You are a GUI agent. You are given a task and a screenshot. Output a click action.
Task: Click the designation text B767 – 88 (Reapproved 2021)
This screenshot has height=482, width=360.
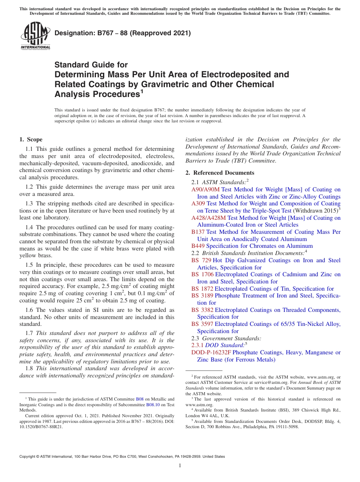[x=122, y=33]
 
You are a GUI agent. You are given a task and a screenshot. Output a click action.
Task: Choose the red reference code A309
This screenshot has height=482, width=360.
[x=198, y=203]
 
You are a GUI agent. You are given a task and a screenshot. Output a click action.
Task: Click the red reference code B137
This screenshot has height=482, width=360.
[x=198, y=232]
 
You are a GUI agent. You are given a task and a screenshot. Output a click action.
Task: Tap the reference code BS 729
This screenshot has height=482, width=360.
[x=201, y=260]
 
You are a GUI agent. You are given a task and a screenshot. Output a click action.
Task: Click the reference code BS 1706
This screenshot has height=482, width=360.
[x=202, y=274]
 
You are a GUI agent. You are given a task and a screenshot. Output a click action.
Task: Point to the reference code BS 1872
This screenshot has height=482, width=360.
[x=202, y=289]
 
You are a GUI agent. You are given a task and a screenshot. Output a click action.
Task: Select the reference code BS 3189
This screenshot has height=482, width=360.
[x=202, y=296]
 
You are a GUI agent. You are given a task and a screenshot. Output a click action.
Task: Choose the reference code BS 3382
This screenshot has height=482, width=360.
[x=202, y=310]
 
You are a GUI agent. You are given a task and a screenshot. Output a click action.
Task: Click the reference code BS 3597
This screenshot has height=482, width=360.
[x=202, y=324]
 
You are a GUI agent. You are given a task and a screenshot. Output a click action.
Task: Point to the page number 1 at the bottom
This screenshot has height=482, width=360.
[x=180, y=466]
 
